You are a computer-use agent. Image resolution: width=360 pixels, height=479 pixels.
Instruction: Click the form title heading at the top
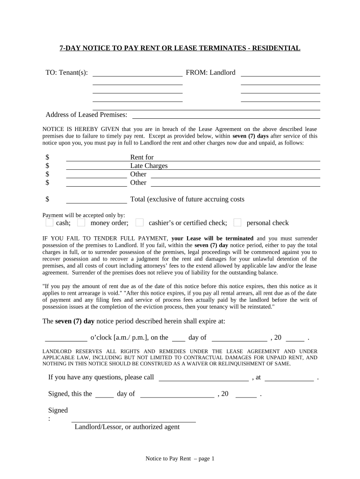(x=180, y=48)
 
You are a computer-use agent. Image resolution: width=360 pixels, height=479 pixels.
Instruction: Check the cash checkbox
(x=50, y=223)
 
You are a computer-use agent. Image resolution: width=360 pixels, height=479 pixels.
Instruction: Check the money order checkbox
(x=81, y=223)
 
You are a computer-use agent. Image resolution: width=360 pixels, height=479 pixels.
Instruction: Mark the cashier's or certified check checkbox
(x=139, y=223)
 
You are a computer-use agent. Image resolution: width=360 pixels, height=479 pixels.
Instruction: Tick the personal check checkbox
(x=238, y=223)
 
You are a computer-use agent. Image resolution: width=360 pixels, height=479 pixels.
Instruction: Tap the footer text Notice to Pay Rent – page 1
(x=180, y=458)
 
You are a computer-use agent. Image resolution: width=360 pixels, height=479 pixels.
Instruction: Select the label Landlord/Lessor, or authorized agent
(x=127, y=427)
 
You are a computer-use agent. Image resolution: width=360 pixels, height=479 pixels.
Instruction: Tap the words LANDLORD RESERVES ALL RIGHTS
(x=89, y=351)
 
